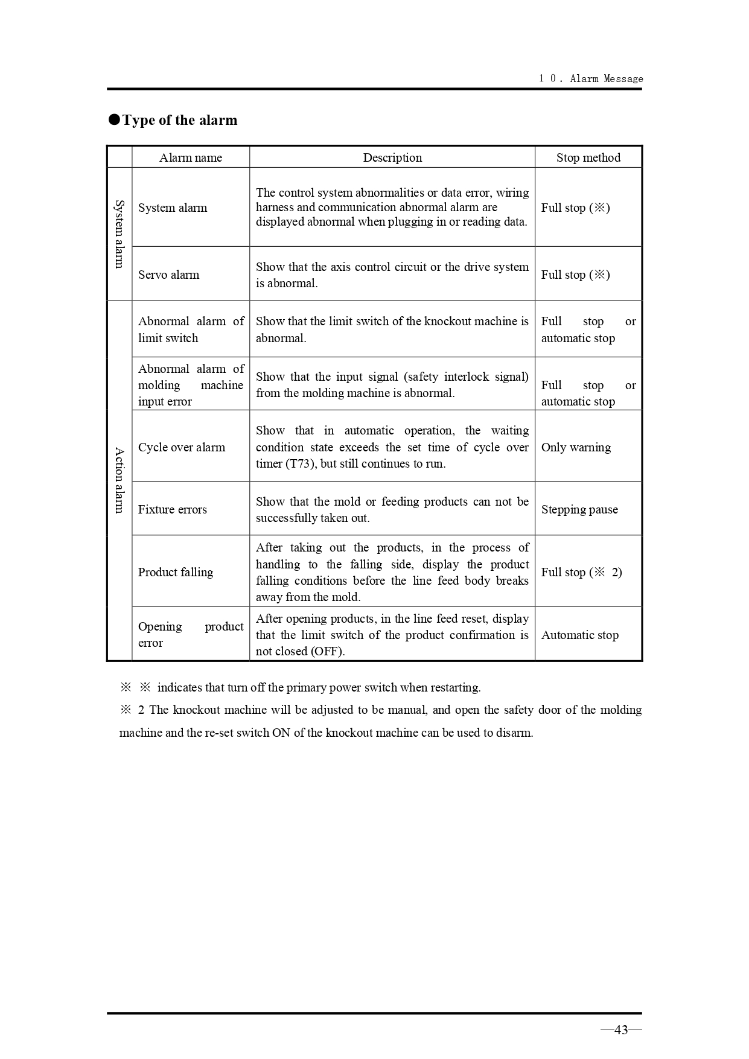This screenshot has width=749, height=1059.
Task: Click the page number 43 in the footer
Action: click(x=621, y=1029)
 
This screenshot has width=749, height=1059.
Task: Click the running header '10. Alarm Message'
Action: click(x=591, y=78)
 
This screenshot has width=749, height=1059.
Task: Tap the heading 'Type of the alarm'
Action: click(x=180, y=120)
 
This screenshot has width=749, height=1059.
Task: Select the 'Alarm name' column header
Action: click(x=191, y=157)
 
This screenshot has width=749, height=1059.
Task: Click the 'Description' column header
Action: click(x=392, y=157)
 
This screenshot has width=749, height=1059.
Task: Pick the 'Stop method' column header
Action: click(x=588, y=157)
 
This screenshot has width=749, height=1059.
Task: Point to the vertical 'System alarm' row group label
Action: click(x=120, y=234)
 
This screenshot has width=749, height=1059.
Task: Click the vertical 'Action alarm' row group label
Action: click(x=120, y=480)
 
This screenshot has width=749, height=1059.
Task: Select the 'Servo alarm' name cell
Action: click(x=169, y=275)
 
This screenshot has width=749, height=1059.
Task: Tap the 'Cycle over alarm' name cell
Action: click(x=182, y=447)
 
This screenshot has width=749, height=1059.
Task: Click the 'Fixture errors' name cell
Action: click(x=173, y=509)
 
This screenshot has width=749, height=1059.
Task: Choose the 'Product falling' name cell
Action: click(x=176, y=572)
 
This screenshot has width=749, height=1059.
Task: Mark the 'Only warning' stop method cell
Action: click(x=576, y=447)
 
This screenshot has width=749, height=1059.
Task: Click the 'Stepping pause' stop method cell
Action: click(x=579, y=509)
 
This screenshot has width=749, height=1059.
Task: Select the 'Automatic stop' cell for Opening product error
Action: click(x=580, y=635)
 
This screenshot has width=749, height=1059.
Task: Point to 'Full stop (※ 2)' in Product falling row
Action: click(x=581, y=572)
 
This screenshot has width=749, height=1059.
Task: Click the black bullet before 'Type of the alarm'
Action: click(x=114, y=119)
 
